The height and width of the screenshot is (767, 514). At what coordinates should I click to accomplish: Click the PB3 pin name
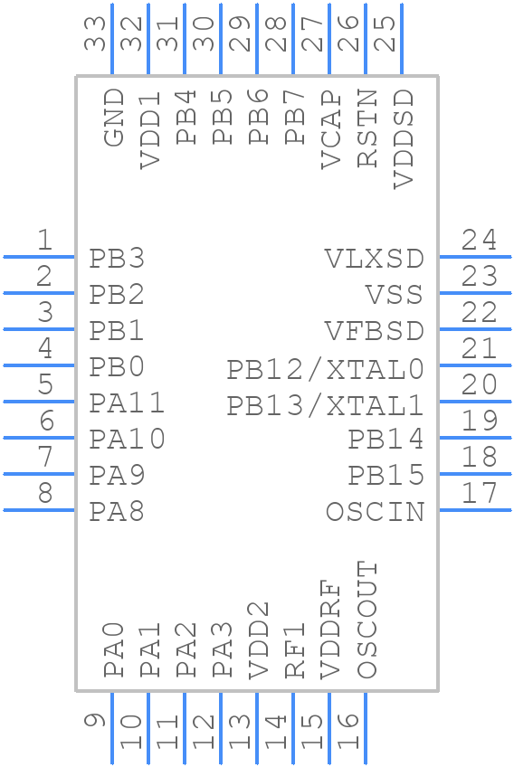pyautogui.click(x=118, y=259)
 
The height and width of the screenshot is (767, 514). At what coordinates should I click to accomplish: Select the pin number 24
pyautogui.click(x=479, y=240)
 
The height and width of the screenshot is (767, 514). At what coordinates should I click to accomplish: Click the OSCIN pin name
pyautogui.click(x=375, y=512)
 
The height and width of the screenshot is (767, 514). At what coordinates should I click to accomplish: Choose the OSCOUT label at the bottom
pyautogui.click(x=366, y=620)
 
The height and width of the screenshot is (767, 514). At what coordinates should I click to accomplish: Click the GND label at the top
pyautogui.click(x=113, y=117)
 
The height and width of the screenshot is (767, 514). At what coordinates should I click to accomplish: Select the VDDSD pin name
pyautogui.click(x=404, y=138)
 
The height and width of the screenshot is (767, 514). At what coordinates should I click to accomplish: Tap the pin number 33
pyautogui.click(x=96, y=34)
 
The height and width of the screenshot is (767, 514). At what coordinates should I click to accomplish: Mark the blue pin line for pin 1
pyautogui.click(x=39, y=257)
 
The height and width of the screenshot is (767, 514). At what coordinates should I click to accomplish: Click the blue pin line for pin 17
pyautogui.click(x=475, y=510)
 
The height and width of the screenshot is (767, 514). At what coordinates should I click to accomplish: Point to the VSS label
pyautogui.click(x=395, y=295)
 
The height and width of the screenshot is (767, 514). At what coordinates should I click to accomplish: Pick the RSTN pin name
pyautogui.click(x=367, y=128)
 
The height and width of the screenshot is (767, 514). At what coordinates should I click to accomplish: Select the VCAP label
pyautogui.click(x=331, y=129)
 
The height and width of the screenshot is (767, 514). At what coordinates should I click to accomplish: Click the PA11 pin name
pyautogui.click(x=127, y=403)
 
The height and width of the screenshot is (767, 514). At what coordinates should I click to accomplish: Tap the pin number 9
pyautogui.click(x=96, y=721)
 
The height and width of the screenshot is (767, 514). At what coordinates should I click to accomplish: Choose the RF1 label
pyautogui.click(x=295, y=650)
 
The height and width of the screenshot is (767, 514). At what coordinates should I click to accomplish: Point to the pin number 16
pyautogui.click(x=349, y=731)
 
